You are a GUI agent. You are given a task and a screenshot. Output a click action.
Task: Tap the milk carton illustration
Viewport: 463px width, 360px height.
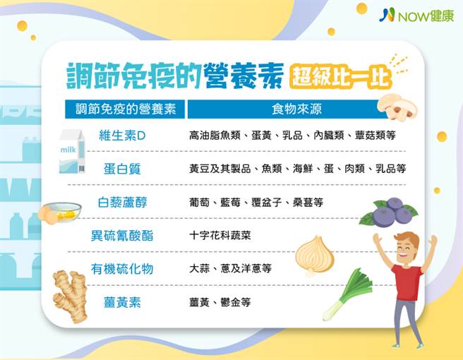tap(72, 152)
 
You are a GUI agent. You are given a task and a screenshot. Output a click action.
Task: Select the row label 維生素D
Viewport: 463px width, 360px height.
tap(121, 135)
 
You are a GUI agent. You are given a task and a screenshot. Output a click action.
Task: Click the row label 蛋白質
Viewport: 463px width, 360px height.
tap(121, 169)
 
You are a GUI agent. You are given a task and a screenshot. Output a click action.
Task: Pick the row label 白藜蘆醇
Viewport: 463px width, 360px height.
tap(121, 203)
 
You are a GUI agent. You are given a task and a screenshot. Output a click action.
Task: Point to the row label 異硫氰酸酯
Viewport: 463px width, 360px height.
tap(121, 236)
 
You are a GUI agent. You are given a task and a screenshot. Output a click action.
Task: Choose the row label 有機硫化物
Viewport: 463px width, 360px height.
tap(121, 269)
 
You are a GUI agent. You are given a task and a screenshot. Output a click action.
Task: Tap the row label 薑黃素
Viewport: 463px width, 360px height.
tap(121, 302)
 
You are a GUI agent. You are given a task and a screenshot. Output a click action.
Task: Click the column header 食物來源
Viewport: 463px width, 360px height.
tap(294, 110)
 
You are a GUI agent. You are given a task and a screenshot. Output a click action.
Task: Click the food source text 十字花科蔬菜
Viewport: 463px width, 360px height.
tap(220, 236)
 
